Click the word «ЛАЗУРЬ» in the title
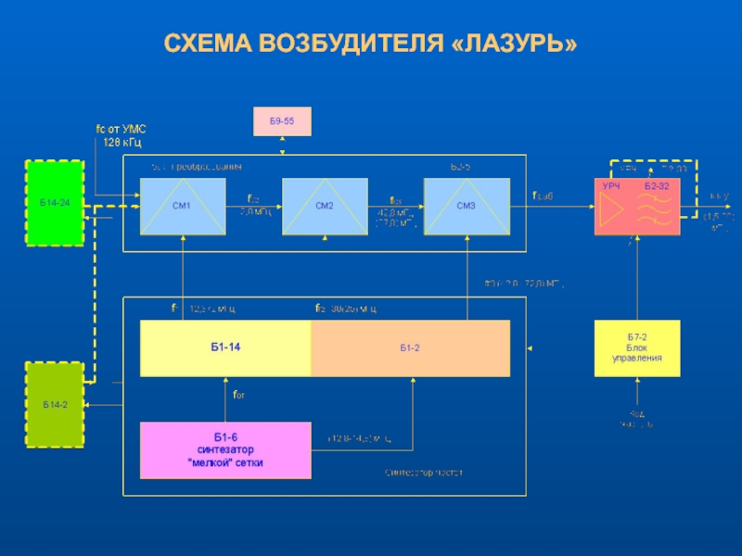[512, 44]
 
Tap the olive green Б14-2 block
[55, 406]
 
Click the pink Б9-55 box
[283, 121]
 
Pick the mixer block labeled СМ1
[183, 206]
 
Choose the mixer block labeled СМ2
[325, 206]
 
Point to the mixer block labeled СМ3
[467, 206]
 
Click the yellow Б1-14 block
[225, 347]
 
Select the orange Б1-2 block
[410, 347]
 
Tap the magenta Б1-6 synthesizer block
[225, 450]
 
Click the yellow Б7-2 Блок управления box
[637, 347]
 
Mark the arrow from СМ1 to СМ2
[254, 207]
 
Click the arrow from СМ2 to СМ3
[396, 207]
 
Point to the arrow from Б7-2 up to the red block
[637, 278]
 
